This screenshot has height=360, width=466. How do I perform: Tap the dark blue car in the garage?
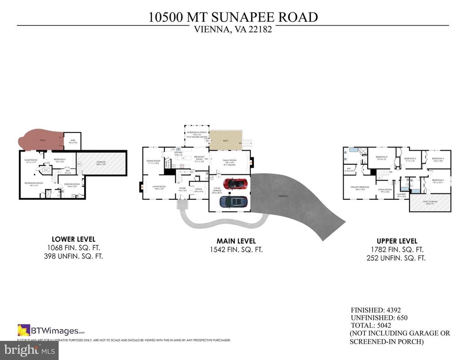pos(234,201)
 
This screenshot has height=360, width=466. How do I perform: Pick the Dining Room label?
pos(153,161)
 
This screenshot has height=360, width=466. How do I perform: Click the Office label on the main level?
pos(198,190)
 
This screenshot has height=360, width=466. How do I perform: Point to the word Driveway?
pos(284,196)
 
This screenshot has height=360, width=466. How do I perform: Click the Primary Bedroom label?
pos(360,187)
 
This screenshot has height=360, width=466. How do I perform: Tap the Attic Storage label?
pos(431,201)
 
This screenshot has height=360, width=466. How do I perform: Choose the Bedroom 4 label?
pos(438,158)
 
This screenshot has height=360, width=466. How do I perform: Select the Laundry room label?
pos(401,194)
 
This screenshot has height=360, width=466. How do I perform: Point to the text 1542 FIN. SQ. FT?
pos(236,249)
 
